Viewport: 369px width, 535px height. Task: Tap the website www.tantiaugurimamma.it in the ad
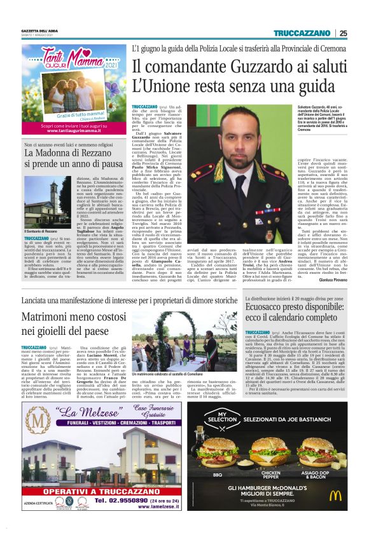point(75,130)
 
